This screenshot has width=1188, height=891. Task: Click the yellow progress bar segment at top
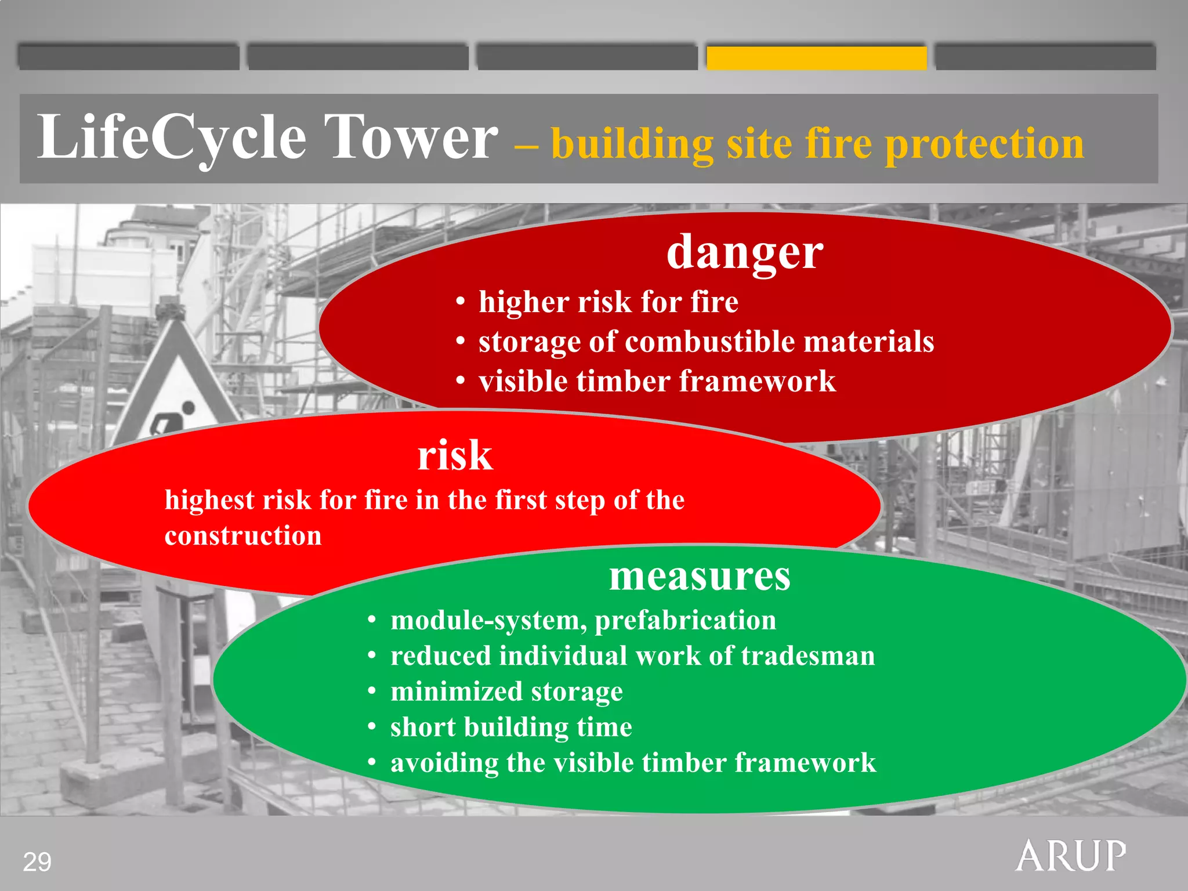816,58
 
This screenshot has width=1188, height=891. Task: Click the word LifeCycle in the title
172,137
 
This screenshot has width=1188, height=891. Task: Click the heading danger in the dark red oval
744,252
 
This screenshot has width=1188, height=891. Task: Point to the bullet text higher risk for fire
608,302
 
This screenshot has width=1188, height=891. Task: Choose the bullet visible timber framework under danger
657,382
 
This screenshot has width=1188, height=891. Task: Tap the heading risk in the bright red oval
455,455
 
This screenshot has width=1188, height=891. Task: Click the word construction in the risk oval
243,535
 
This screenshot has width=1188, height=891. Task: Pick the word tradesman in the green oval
807,656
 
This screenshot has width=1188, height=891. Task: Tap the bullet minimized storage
506,691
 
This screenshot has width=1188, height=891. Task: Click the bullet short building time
511,727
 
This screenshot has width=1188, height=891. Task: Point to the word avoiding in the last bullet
444,763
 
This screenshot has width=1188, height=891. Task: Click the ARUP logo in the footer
1071,856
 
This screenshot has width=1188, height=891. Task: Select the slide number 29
37,862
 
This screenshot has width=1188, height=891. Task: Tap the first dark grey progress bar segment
128,58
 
